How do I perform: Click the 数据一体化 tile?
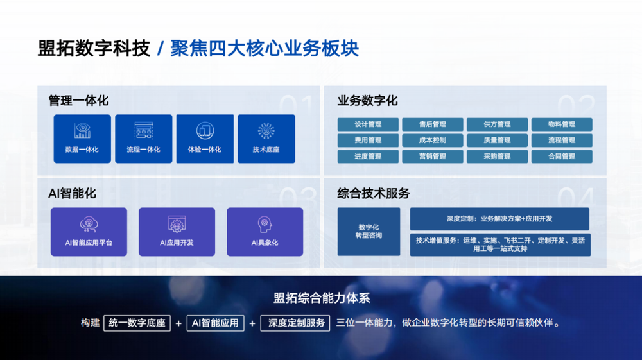point(82,139)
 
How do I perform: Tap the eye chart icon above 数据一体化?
point(82,130)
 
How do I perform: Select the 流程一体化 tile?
point(143,139)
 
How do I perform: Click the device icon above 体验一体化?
point(205,131)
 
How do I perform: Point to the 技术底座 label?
point(266,150)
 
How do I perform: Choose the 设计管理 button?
point(368,124)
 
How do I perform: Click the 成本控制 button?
point(432,141)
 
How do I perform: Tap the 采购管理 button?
point(497,157)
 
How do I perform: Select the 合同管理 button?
point(562,157)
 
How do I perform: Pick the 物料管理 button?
point(562,124)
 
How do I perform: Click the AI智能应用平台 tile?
point(89,232)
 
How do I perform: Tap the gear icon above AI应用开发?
point(177,224)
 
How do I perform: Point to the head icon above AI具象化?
point(265,224)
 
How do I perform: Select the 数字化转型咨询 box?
point(369,232)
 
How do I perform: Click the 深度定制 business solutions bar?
point(499,219)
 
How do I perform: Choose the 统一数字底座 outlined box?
point(137,323)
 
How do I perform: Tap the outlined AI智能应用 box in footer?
point(215,323)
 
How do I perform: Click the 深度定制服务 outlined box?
point(295,323)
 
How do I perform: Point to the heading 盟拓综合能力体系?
point(322,298)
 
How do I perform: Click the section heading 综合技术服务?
point(374,193)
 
